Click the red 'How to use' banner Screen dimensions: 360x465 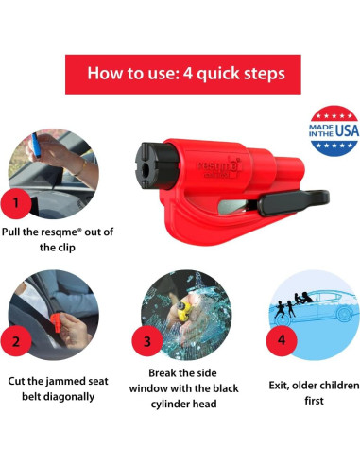tap(183, 75)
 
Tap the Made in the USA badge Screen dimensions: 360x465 tap(334, 130)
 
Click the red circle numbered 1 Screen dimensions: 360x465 tap(16, 203)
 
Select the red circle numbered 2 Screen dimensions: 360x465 tap(16, 341)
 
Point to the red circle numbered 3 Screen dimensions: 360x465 tap(147, 341)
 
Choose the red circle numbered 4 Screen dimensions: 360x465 tap(282, 340)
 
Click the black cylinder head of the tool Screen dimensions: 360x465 tap(157, 166)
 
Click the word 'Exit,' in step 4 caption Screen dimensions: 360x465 tap(279, 386)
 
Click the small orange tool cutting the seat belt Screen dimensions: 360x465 tap(57, 321)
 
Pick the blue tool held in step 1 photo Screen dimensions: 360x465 tap(36, 146)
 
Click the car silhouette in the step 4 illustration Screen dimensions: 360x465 tap(318, 307)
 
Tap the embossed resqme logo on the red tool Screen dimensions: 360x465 tap(218, 167)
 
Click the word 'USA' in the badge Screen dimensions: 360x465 tap(347, 130)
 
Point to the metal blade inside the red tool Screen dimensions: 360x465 tap(234, 207)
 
